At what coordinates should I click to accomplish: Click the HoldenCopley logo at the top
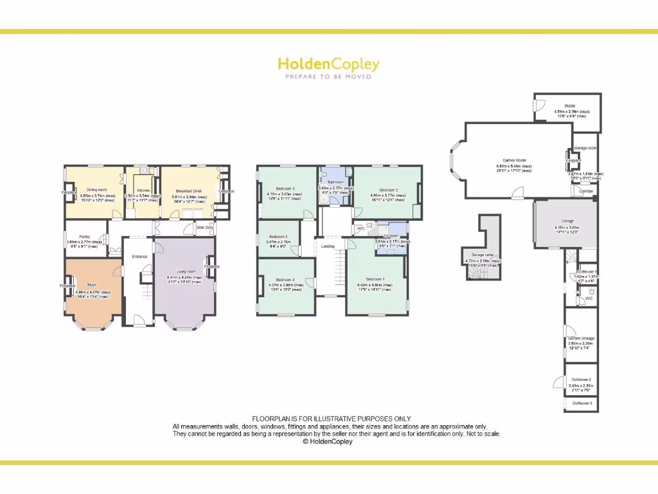pos(328,64)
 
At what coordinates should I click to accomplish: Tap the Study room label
pos(92,284)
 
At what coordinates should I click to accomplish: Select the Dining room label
pos(96,190)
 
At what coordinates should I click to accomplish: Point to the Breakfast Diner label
pos(189,190)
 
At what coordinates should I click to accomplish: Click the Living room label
pos(184,272)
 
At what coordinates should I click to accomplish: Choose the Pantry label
pos(84,236)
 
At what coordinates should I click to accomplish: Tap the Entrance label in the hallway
pos(139,257)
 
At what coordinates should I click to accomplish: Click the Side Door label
pos(205,228)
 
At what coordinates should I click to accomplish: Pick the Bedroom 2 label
pos(388,190)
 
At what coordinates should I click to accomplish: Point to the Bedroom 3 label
pos(284,188)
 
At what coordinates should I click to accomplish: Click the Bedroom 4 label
pos(285,280)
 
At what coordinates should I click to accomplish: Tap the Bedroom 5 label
pos(278,237)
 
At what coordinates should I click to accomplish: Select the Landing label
pos(328,246)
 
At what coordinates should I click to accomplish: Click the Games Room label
pos(514,160)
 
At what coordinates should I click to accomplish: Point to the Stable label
pos(569,105)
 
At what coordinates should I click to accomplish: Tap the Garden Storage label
pos(582,338)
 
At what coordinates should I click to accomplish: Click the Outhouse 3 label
pos(582,403)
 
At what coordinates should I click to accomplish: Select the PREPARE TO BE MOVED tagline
pos(328,77)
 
